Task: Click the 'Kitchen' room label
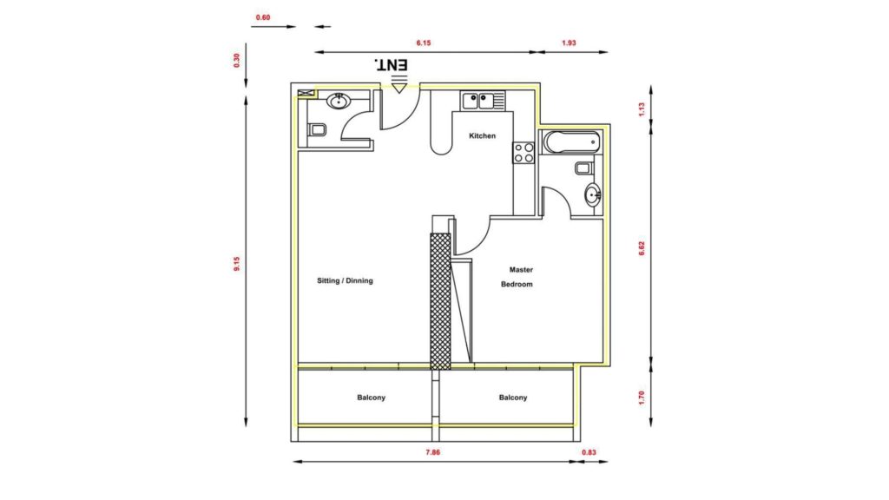tap(482, 136)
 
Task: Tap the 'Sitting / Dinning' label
tap(345, 280)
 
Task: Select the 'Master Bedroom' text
tap(517, 277)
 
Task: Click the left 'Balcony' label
tap(372, 398)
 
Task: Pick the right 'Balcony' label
tap(513, 398)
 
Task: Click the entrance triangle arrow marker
tap(399, 88)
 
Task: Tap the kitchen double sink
tap(479, 101)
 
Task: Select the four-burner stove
tap(524, 153)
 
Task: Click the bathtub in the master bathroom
tap(571, 141)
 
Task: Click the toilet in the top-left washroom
tap(317, 130)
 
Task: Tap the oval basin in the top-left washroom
tap(339, 102)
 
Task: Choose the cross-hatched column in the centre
tap(440, 301)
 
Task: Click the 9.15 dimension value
tap(237, 264)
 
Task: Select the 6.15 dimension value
tap(424, 43)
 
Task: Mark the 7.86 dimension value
tap(432, 452)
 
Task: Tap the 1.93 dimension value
tap(569, 43)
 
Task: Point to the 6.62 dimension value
tap(642, 248)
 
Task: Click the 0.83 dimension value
tap(589, 452)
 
